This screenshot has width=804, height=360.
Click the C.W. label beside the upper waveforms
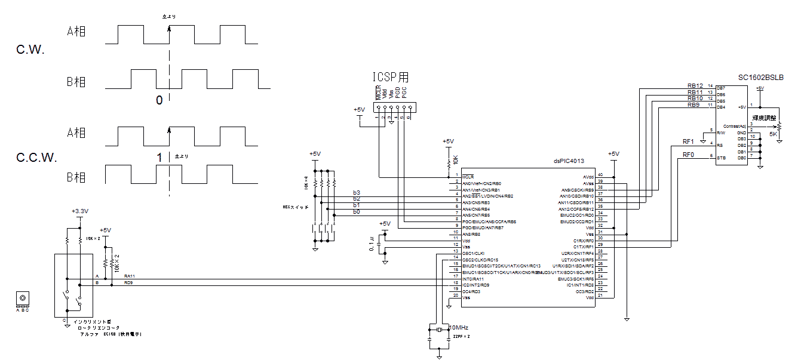pos(31,50)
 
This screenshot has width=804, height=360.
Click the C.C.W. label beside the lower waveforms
pos(36,158)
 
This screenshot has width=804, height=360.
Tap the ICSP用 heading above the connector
pos(391,78)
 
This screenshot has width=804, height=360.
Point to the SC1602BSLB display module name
pos(760,78)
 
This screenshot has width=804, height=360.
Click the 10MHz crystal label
pos(458,328)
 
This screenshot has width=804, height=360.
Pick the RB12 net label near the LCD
pos(695,86)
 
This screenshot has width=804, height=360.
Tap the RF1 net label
pos(688,141)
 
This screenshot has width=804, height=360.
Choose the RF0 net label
pos(688,155)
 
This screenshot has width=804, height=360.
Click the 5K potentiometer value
pos(773,134)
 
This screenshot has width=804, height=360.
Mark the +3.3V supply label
pos(79,211)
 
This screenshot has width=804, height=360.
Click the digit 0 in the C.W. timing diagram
pos(159,100)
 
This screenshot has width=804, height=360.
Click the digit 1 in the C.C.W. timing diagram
pos(159,157)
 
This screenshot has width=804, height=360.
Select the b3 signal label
pos(357,192)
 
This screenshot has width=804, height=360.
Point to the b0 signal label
pos(357,211)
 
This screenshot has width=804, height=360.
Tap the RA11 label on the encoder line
pos(129,276)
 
